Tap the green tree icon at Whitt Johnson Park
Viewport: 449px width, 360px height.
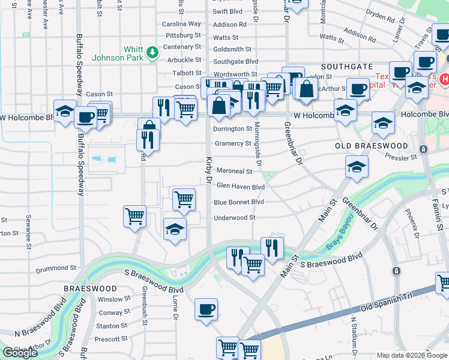pyautogui.click(x=153, y=52)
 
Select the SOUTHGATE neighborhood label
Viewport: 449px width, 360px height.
pyautogui.click(x=347, y=67)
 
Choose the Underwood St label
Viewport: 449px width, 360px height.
pyautogui.click(x=235, y=218)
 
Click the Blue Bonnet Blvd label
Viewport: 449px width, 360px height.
pyautogui.click(x=239, y=202)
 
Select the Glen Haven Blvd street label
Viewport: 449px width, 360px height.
pyautogui.click(x=240, y=187)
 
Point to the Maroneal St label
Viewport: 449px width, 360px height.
pyautogui.click(x=234, y=172)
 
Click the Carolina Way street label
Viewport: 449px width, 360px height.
pyautogui.click(x=181, y=24)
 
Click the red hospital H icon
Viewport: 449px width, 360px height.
pyautogui.click(x=445, y=79)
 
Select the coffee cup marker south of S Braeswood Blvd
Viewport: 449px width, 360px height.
pyautogui.click(x=206, y=310)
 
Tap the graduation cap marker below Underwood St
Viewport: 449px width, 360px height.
pyautogui.click(x=175, y=229)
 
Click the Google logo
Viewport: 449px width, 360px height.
pyautogui.click(x=20, y=353)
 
